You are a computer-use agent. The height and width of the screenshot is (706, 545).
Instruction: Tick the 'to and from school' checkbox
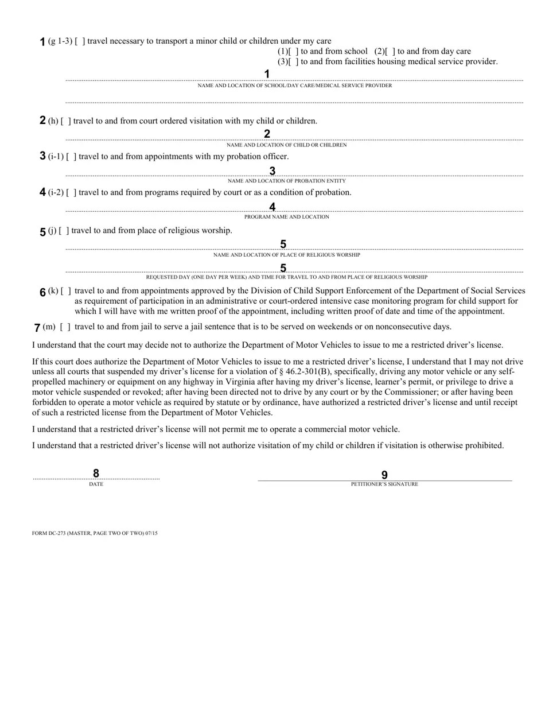294,52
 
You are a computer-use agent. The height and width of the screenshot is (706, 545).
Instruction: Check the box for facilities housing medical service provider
294,62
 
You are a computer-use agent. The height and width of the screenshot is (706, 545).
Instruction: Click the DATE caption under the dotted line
96,484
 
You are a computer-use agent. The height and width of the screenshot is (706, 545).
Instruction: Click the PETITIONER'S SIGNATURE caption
384,484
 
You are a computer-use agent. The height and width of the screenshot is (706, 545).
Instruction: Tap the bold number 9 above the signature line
384,475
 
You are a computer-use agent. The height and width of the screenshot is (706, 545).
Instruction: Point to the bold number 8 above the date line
96,474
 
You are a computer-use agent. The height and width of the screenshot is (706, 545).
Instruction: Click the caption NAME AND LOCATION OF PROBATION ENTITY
287,181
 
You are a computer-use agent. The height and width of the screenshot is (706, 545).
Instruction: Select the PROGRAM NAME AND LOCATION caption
287,217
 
